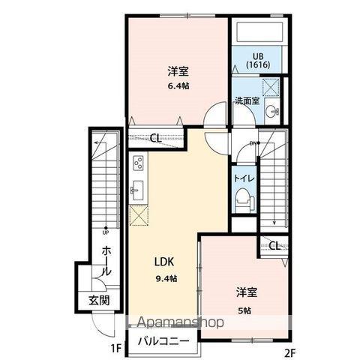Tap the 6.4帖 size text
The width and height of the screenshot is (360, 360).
(x=178, y=85)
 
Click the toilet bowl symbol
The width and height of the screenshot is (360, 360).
(x=242, y=198)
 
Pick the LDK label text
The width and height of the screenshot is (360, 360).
(x=165, y=262)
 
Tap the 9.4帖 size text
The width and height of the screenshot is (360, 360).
(x=167, y=279)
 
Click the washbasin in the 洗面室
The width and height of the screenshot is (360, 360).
(x=272, y=112)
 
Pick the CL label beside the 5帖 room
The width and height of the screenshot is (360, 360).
(x=275, y=246)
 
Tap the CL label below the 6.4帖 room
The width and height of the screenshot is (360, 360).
(x=154, y=137)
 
